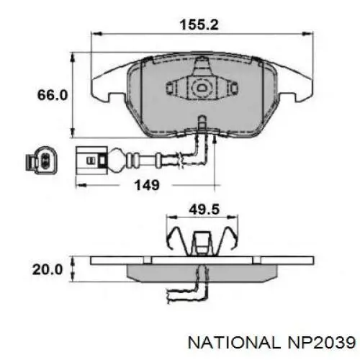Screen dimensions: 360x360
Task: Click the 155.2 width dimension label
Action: coord(199,24)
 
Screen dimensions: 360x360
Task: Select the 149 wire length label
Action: coord(146,185)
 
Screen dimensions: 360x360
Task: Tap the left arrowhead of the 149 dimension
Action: coord(78,185)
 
